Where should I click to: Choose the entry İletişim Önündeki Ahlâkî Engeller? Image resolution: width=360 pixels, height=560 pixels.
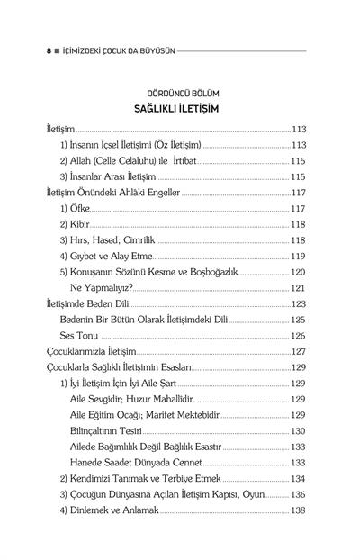pos(113,193)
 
